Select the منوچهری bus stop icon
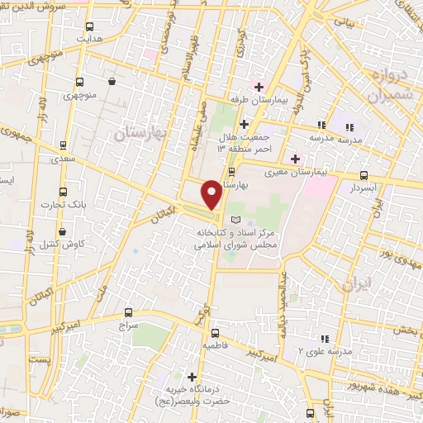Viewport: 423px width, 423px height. [79, 82]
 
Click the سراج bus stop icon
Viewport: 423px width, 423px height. [128, 312]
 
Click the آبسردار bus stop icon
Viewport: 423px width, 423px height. [364, 175]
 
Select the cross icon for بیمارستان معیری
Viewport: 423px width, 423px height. [295, 159]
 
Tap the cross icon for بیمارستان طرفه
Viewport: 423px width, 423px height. [259, 87]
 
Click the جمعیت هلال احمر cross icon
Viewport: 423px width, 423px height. [244, 124]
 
